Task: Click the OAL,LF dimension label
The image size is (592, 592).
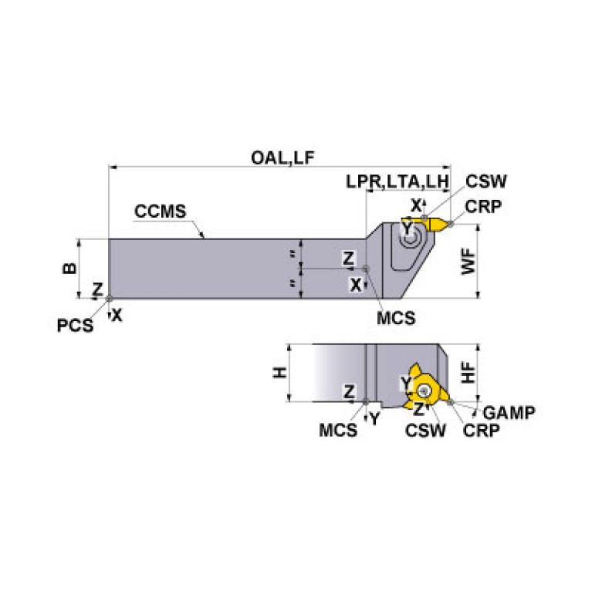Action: tap(282, 157)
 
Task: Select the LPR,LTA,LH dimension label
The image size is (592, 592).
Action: tap(397, 181)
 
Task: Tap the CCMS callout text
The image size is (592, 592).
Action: tap(161, 211)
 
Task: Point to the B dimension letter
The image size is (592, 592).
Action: tap(69, 268)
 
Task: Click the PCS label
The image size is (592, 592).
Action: tap(75, 326)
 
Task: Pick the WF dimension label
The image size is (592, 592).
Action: tap(469, 261)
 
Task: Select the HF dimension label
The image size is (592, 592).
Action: tap(469, 372)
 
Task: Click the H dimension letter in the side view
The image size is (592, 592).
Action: tap(280, 373)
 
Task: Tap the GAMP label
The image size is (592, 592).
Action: tap(509, 413)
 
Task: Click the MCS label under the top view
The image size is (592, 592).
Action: tap(396, 318)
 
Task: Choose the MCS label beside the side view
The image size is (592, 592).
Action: tap(338, 430)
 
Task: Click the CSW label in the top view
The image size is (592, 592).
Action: tap(486, 181)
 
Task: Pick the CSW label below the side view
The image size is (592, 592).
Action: tap(425, 430)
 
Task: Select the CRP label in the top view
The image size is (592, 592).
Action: tap(483, 206)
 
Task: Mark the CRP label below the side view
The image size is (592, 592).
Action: tap(481, 430)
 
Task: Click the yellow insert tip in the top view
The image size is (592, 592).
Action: tap(450, 224)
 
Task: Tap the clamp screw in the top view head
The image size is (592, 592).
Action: tap(409, 239)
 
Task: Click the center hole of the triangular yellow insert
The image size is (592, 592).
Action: tap(425, 391)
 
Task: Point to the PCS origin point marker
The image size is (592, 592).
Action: tap(109, 299)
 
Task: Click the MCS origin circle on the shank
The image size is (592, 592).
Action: tap(365, 269)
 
